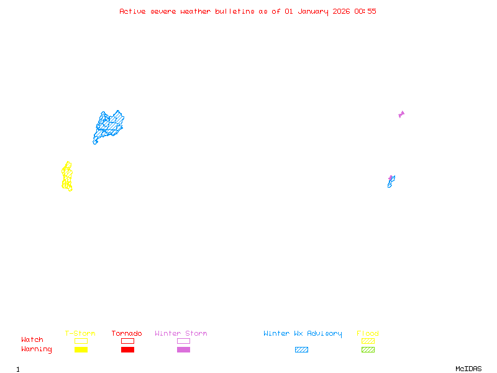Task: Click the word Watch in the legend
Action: point(32,340)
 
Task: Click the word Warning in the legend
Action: point(36,349)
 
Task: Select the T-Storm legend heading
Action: point(80,333)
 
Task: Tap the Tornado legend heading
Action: point(127,333)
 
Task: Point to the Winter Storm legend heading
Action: point(181,333)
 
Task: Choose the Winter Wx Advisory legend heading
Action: point(303,333)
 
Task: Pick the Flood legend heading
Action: point(368,333)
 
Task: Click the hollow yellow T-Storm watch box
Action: point(81,341)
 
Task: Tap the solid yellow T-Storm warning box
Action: point(81,349)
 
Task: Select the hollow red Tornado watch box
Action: point(127,341)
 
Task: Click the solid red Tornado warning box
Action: point(127,349)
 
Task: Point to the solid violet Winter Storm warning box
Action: point(183,349)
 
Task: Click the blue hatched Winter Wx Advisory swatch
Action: point(301,349)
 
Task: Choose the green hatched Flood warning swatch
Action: point(368,349)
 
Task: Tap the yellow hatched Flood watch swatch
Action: point(368,341)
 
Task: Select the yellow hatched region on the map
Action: point(67,177)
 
